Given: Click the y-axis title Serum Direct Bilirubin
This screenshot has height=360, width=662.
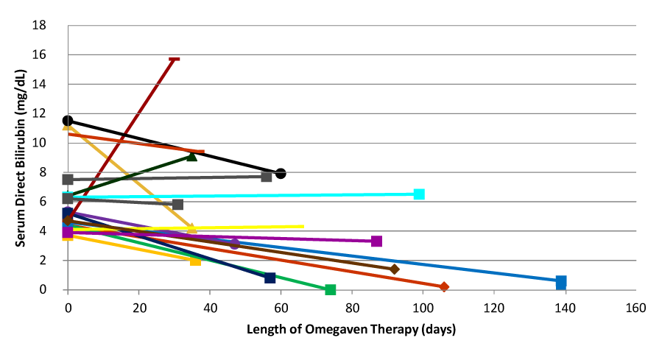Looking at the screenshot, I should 23,156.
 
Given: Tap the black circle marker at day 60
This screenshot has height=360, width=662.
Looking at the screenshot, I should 281,174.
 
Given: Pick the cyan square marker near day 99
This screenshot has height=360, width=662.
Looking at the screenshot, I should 419,194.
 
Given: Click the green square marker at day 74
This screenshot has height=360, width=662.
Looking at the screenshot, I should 331,289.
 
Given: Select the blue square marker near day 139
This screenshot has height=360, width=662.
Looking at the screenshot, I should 561,281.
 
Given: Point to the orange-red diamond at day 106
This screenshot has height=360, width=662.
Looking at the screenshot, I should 444,286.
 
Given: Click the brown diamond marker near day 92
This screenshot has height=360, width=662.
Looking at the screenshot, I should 395,269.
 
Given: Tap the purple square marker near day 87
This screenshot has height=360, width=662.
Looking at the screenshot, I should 376,241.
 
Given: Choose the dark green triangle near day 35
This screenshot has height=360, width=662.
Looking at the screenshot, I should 192,155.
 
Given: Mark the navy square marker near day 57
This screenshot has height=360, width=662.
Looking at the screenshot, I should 270,278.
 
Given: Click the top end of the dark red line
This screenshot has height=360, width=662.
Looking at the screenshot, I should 175,59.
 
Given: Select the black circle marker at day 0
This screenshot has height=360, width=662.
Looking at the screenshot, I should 68,121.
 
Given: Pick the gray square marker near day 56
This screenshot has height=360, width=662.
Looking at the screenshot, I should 267,176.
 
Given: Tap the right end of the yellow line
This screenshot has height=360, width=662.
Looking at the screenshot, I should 303,226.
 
